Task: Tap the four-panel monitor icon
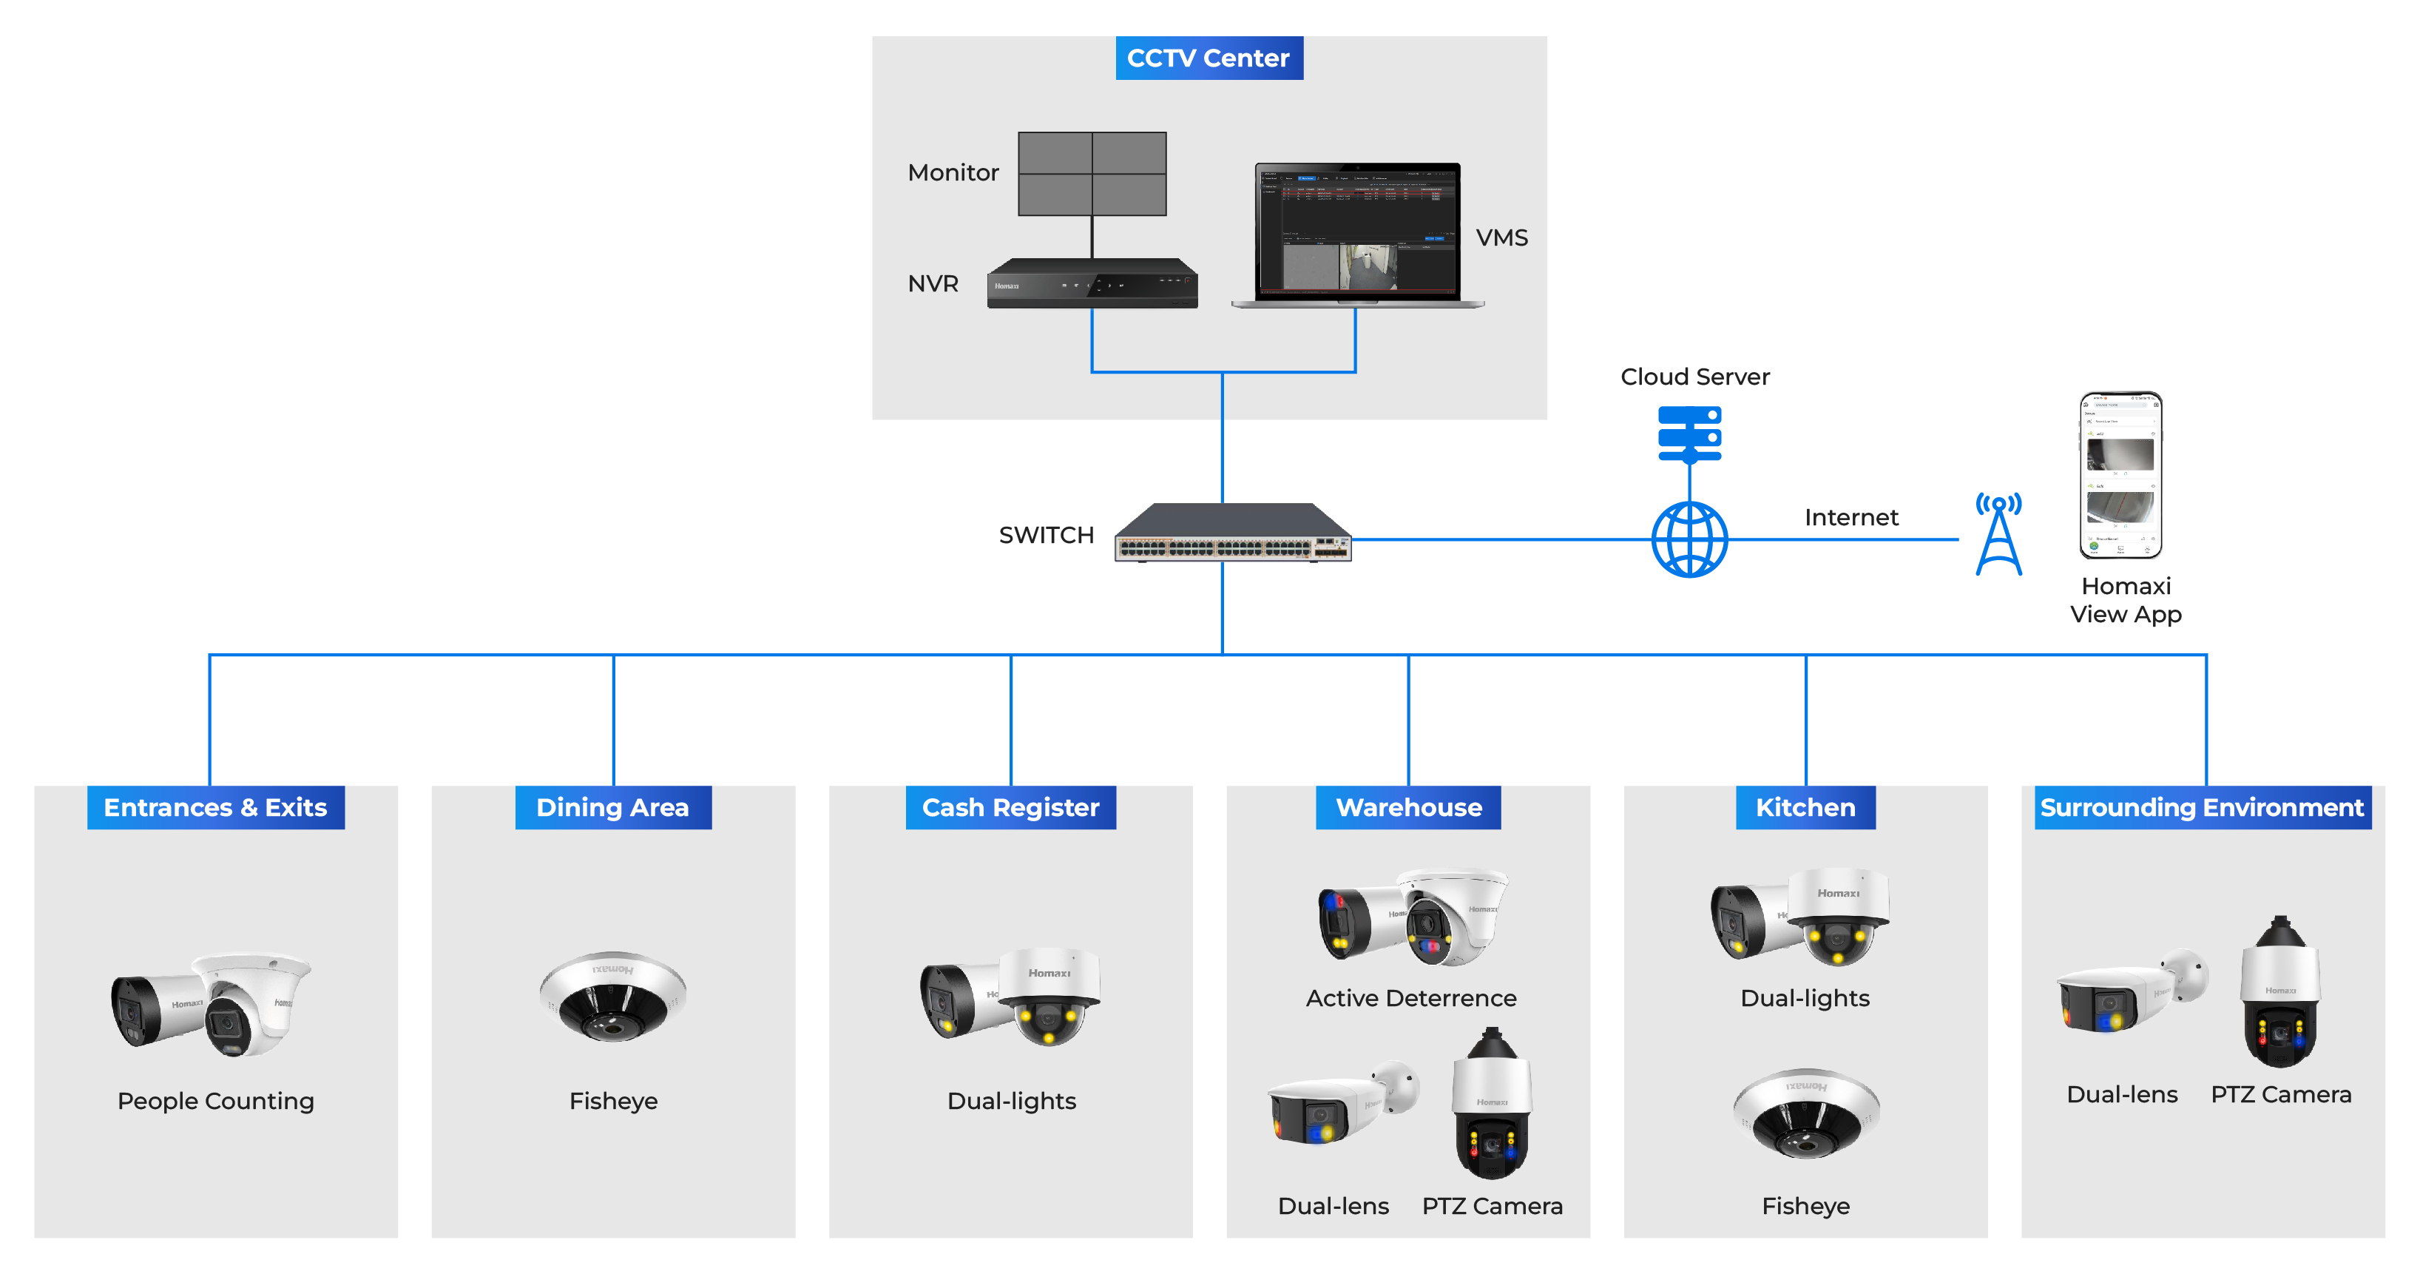click(x=1092, y=174)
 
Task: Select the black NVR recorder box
click(x=1092, y=284)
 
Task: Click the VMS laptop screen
click(x=1357, y=230)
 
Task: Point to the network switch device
click(x=1232, y=533)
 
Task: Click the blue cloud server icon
click(x=1689, y=434)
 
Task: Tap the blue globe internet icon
click(x=1689, y=539)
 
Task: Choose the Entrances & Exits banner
click(x=215, y=808)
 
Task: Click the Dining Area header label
click(x=612, y=808)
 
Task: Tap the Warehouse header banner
click(x=1408, y=808)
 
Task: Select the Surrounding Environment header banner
click(x=2201, y=808)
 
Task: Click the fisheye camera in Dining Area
click(x=612, y=996)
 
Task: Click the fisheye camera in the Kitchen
click(x=1805, y=1113)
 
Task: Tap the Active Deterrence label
click(x=1410, y=998)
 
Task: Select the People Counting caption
click(x=215, y=1101)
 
